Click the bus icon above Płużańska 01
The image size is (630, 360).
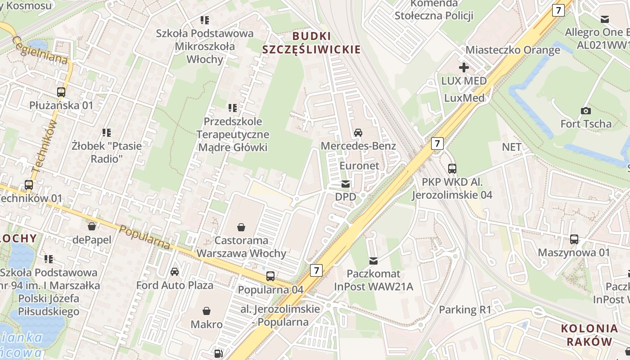point(61,92)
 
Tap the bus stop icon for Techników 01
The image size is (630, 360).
point(29,184)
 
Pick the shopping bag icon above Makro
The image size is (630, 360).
point(207,310)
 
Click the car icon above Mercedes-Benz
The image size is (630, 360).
point(358,132)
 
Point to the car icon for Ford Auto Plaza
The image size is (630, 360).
point(175,271)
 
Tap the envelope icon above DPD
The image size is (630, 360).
point(346,184)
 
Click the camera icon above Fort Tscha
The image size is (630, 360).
point(585,110)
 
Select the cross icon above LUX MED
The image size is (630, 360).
point(463,67)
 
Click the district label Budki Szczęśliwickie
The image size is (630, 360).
point(311,43)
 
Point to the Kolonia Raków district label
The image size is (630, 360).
point(589,335)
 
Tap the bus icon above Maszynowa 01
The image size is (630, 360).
point(574,239)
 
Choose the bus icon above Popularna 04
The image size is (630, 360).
point(270,276)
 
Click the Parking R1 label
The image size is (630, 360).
point(465,310)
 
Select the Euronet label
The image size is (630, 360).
point(359,166)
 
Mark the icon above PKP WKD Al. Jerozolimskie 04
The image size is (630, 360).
point(452,169)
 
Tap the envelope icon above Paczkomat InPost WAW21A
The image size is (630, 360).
point(373,261)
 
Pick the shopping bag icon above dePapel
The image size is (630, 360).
point(92,226)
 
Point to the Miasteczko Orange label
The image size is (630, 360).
point(513,49)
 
